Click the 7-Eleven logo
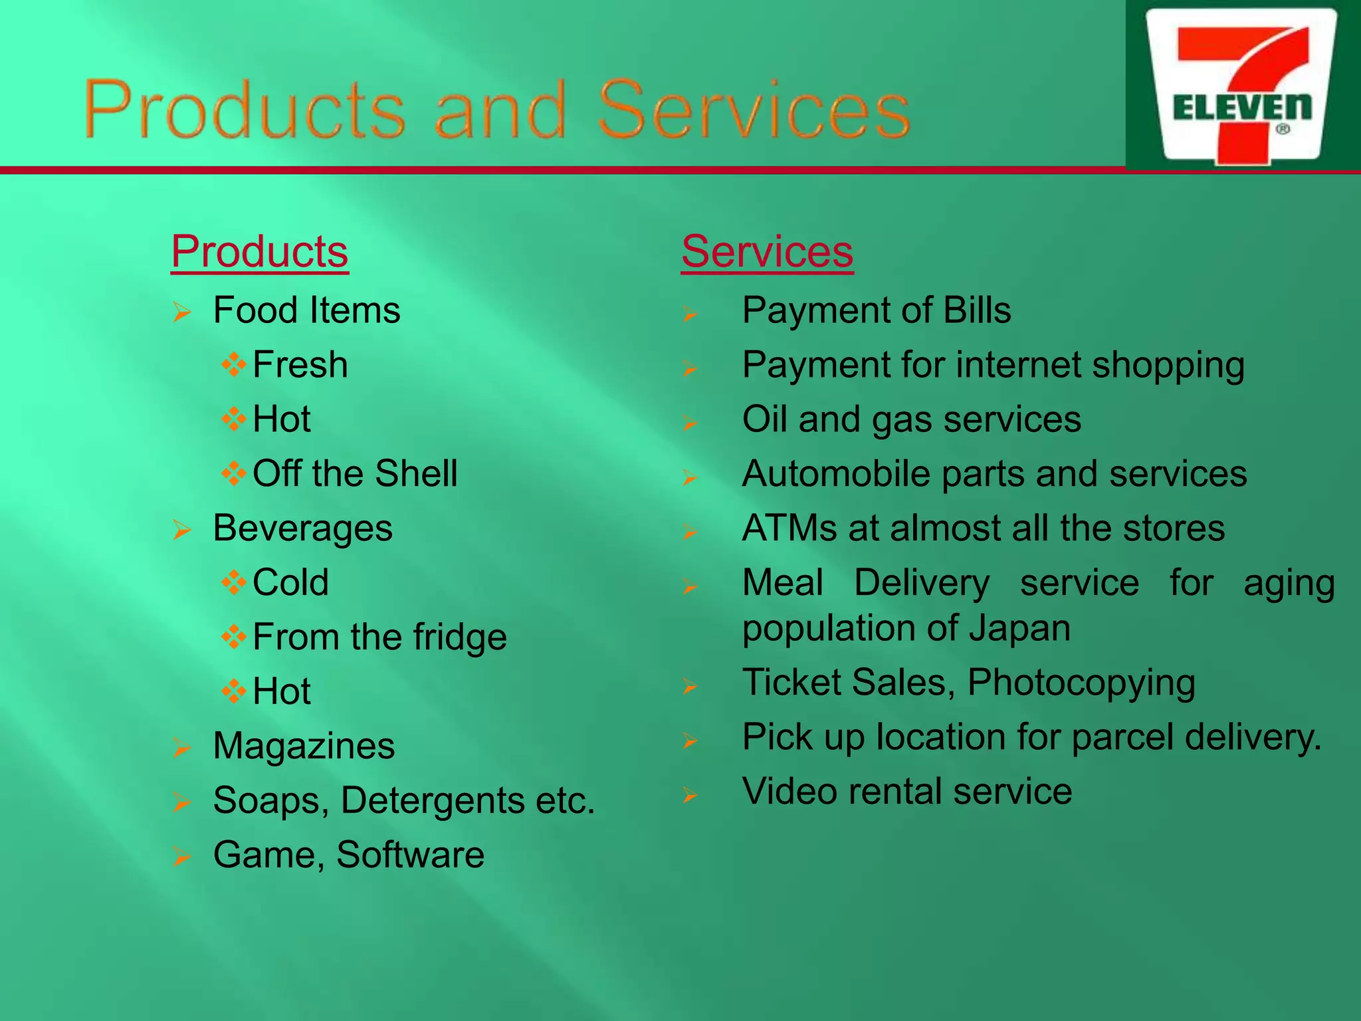click(1241, 86)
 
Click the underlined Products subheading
click(259, 252)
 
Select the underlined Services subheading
click(767, 252)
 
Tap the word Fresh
click(300, 365)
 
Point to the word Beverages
click(302, 528)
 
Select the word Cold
click(290, 583)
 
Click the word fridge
click(460, 637)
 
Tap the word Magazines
click(304, 746)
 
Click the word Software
click(410, 855)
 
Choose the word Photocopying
click(1081, 683)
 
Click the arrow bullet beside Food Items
click(181, 312)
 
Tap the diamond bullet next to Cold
click(234, 583)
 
